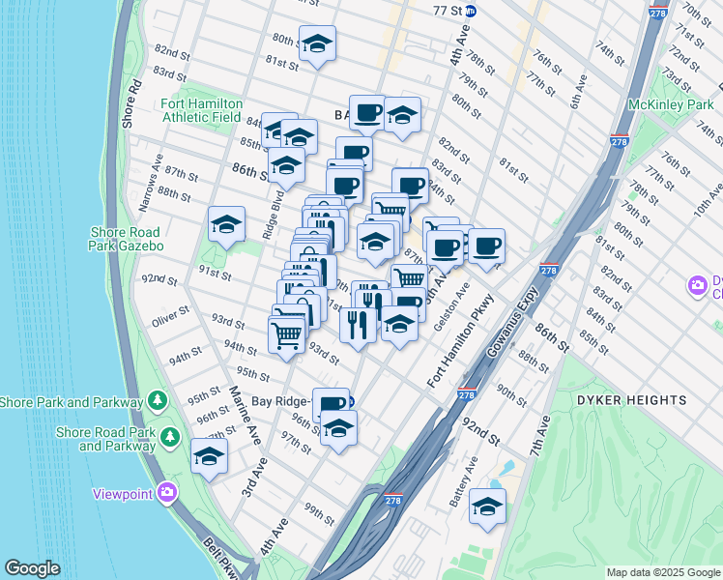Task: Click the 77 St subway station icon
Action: (471, 11)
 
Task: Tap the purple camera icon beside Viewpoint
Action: (168, 493)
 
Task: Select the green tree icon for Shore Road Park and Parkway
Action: (170, 438)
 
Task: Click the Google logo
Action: (32, 568)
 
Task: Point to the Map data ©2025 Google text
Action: (662, 572)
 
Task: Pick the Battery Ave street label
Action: (471, 478)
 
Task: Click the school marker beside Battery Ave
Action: (487, 507)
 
